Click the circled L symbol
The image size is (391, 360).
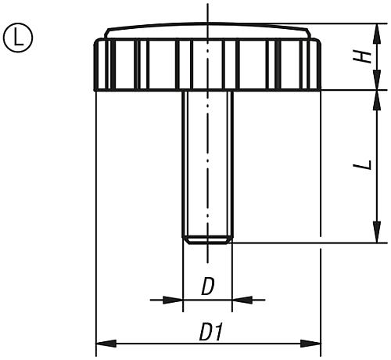click(x=16, y=36)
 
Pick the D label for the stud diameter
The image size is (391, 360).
click(x=207, y=287)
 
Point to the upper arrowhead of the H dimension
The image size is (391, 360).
click(x=377, y=30)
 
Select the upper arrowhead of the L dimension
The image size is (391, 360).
click(x=377, y=97)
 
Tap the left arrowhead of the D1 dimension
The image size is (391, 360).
click(x=102, y=343)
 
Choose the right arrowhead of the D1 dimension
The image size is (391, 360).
click(x=314, y=343)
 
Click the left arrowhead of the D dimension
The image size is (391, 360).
click(x=175, y=299)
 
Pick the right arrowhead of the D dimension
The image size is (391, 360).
click(x=239, y=299)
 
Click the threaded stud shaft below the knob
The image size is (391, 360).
click(x=207, y=157)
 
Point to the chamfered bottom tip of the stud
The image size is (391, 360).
click(x=207, y=240)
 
